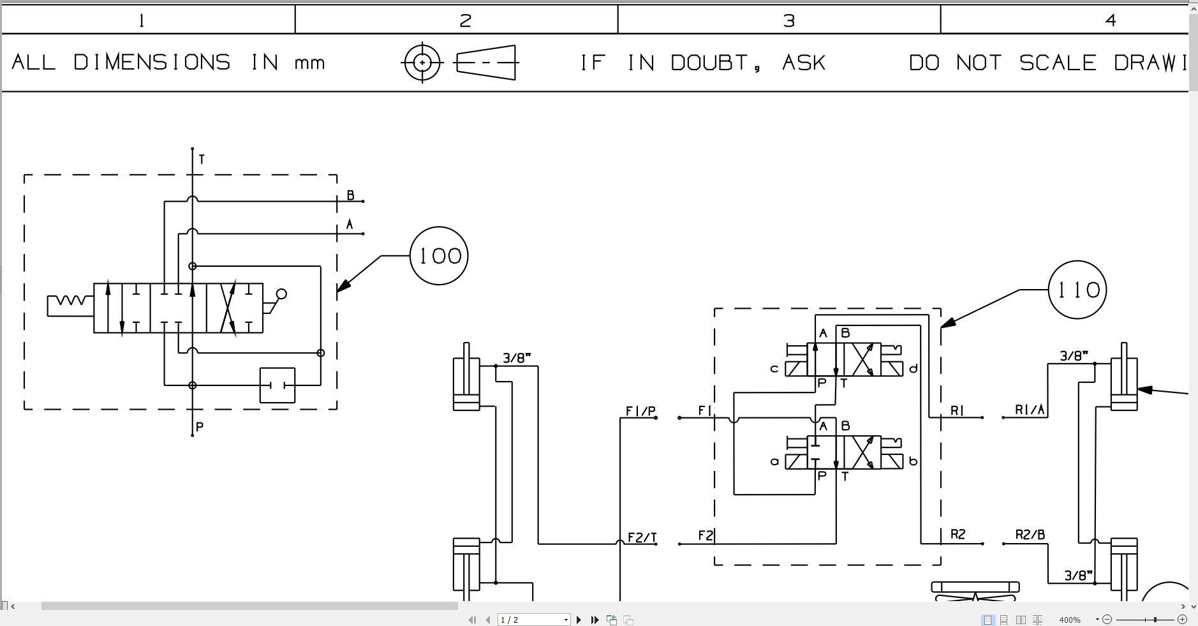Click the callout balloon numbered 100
point(439,256)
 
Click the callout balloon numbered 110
point(1077,290)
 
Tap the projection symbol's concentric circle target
point(422,63)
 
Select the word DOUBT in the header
point(714,63)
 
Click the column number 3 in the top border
point(789,20)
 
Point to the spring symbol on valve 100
point(70,301)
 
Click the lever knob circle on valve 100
point(281,294)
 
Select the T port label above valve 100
point(202,159)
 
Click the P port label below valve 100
point(200,427)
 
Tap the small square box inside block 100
point(277,385)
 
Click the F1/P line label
point(640,411)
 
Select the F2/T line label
point(642,538)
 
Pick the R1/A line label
point(1030,410)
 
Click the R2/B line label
point(1030,535)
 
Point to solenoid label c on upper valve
point(774,368)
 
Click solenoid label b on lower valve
point(913,461)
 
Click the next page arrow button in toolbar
point(579,620)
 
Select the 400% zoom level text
point(1070,620)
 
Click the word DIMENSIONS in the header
point(152,63)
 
